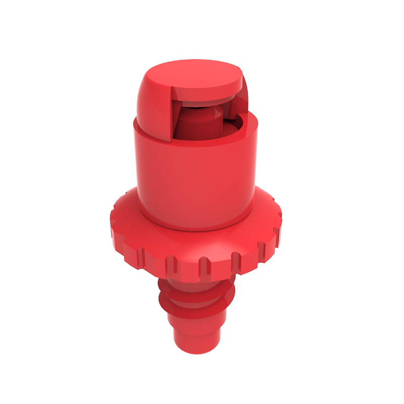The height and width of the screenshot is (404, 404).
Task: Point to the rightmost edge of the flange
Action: [279, 222]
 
